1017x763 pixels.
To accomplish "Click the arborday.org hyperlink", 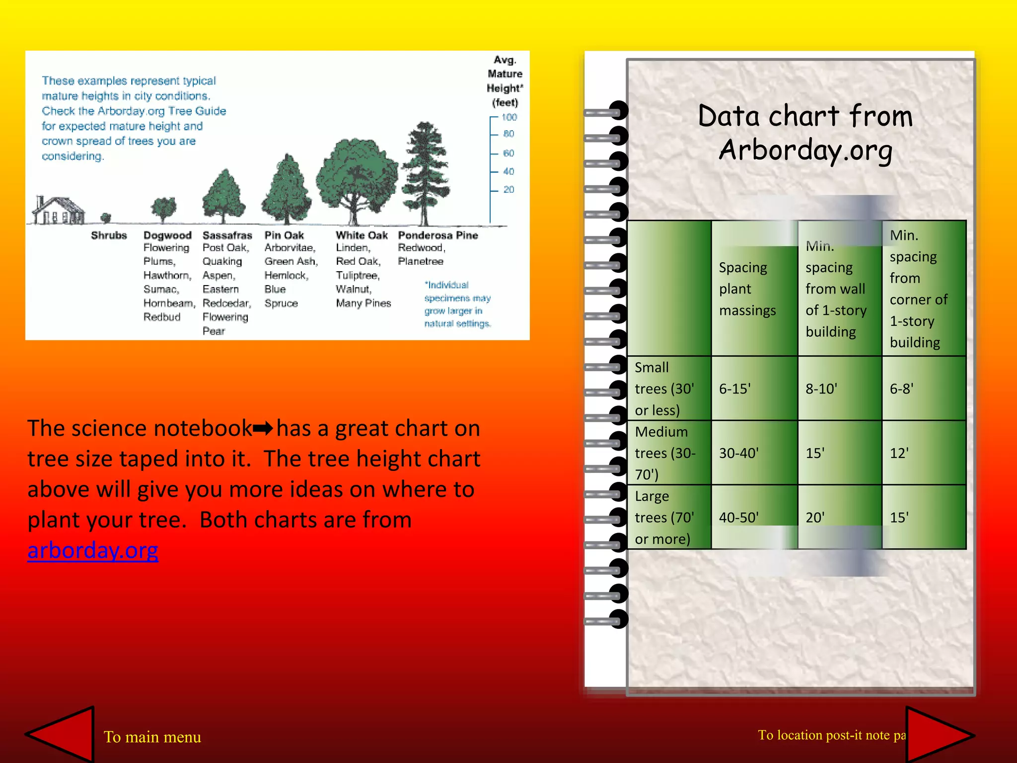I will click(x=93, y=550).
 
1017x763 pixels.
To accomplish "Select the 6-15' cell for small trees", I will click(x=735, y=388).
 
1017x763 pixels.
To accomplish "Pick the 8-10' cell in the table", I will click(x=821, y=388).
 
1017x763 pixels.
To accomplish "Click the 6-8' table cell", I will click(x=901, y=388).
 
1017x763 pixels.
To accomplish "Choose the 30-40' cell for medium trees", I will click(x=738, y=453).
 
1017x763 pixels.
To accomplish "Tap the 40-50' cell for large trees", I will click(x=738, y=518).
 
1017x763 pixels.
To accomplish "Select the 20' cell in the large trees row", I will click(x=815, y=518).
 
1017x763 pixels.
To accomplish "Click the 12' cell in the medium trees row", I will click(x=899, y=453).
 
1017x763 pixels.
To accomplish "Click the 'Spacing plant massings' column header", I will click(x=747, y=289).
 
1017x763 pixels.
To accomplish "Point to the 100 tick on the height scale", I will click(x=509, y=117).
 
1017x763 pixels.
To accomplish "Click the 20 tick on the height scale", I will click(x=508, y=190).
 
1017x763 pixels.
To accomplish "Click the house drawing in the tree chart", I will click(x=59, y=211).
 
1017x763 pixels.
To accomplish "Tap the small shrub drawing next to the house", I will click(x=106, y=218).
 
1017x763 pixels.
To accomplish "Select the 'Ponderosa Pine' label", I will click(x=437, y=235).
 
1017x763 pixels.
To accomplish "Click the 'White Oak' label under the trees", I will click(x=362, y=235).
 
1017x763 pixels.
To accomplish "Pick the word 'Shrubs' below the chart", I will click(x=109, y=235).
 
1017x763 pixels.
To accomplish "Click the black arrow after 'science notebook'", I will click(x=263, y=428).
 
